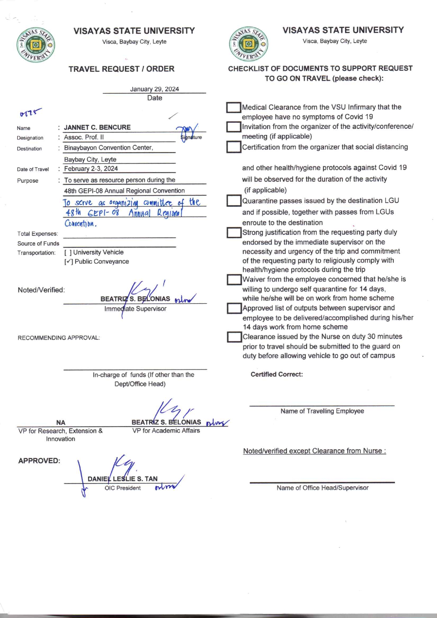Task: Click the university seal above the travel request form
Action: pyautogui.click(x=36, y=45)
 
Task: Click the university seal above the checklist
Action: pyautogui.click(x=248, y=44)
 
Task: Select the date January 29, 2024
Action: pyautogui.click(x=154, y=89)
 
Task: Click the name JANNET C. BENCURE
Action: pyautogui.click(x=97, y=127)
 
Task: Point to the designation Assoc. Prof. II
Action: pyautogui.click(x=84, y=137)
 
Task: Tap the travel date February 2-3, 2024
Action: pyautogui.click(x=91, y=169)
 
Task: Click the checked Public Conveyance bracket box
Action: pyautogui.click(x=69, y=262)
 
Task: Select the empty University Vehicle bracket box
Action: pyautogui.click(x=68, y=252)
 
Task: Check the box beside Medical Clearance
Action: pyautogui.click(x=233, y=108)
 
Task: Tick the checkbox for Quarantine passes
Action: pyautogui.click(x=233, y=201)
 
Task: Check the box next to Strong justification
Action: pyautogui.click(x=234, y=233)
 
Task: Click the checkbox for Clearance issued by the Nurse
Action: pyautogui.click(x=234, y=337)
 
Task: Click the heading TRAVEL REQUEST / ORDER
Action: pyautogui.click(x=122, y=69)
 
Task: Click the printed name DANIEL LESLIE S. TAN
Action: pyautogui.click(x=123, y=479)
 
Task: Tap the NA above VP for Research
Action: pyautogui.click(x=61, y=422)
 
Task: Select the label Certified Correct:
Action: pyautogui.click(x=277, y=374)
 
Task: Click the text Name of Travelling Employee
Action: pyautogui.click(x=322, y=411)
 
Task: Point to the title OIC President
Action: pyautogui.click(x=123, y=488)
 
